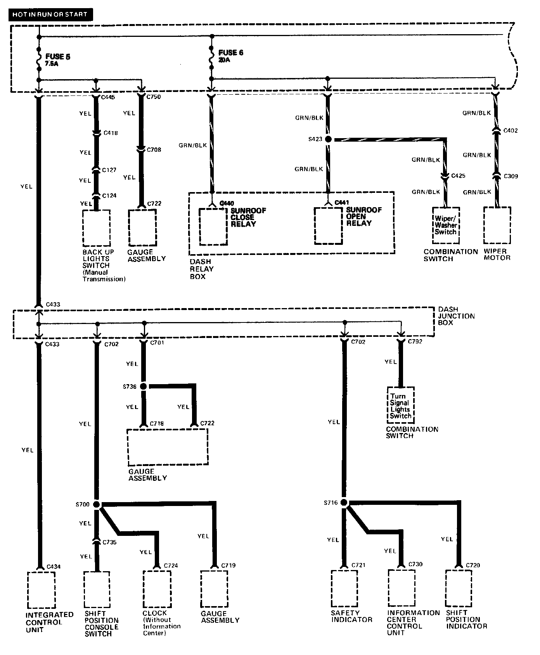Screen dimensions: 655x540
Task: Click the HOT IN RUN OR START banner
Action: pyautogui.click(x=50, y=15)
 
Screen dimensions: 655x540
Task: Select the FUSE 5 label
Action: pyautogui.click(x=57, y=57)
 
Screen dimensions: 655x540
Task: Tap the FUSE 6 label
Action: pyautogui.click(x=230, y=53)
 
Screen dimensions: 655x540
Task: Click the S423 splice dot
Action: pyautogui.click(x=328, y=139)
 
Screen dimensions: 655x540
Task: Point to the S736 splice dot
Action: pyautogui.click(x=143, y=386)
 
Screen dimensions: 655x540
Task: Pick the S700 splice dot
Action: pyautogui.click(x=97, y=504)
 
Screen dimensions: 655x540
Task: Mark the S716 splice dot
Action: pyautogui.click(x=344, y=503)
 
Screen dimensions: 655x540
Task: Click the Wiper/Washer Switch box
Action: pyautogui.click(x=446, y=225)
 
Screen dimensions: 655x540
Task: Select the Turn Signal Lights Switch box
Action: pyautogui.click(x=400, y=406)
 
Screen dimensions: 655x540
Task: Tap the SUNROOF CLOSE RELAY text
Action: pyautogui.click(x=248, y=217)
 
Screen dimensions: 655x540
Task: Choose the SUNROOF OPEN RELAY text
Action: pyautogui.click(x=363, y=217)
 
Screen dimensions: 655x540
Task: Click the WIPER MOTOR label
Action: pyautogui.click(x=497, y=255)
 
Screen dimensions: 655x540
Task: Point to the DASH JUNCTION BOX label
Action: pyautogui.click(x=456, y=316)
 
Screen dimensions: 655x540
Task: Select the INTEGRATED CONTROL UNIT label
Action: pyautogui.click(x=49, y=622)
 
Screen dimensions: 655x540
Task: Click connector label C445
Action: pyautogui.click(x=108, y=97)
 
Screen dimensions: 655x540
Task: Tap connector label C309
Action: pyautogui.click(x=511, y=176)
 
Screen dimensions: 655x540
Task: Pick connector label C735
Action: pyautogui.click(x=110, y=542)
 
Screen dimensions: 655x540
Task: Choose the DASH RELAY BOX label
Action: pyautogui.click(x=201, y=269)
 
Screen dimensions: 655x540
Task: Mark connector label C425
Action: pyautogui.click(x=458, y=176)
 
